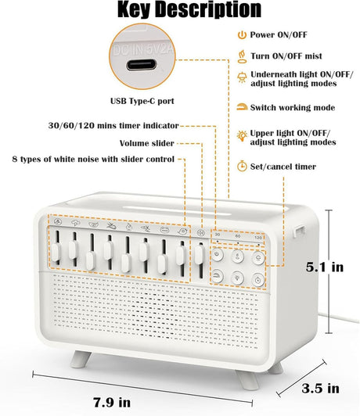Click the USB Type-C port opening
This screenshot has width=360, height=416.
coord(146,59)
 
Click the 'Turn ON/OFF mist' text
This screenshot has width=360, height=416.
coord(287,56)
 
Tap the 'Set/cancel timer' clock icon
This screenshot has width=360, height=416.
coord(241,166)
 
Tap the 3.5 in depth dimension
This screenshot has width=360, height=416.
coord(322,388)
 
